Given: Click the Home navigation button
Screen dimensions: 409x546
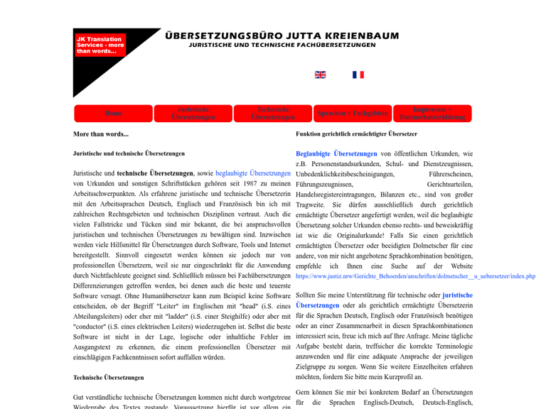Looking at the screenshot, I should pyautogui.click(x=113, y=114).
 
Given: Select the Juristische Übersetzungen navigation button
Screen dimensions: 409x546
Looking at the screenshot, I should pyautogui.click(x=193, y=114).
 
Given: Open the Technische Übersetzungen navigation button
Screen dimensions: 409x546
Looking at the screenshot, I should pyautogui.click(x=273, y=114).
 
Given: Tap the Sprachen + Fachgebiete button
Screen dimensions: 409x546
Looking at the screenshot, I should pyautogui.click(x=353, y=114).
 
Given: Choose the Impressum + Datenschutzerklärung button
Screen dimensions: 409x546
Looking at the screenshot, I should pyautogui.click(x=432, y=114).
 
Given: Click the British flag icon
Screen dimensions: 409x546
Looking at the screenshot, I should pyautogui.click(x=321, y=75).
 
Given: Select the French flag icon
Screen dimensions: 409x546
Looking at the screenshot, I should pyautogui.click(x=358, y=75).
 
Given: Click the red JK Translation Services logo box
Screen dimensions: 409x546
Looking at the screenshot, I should pyautogui.click(x=100, y=45).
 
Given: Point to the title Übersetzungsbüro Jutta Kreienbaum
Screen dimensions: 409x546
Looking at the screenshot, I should pyautogui.click(x=282, y=36).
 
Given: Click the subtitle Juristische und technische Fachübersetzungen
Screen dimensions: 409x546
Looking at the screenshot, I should pyautogui.click(x=282, y=45).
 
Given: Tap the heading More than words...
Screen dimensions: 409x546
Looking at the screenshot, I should pyautogui.click(x=101, y=134).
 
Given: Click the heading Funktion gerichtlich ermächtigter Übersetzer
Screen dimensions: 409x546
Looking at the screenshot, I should pyautogui.click(x=356, y=133).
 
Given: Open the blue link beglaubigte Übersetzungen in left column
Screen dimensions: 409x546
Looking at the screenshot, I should pyautogui.click(x=253, y=173).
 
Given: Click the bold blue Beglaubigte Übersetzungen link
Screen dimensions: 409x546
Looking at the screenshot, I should pyautogui.click(x=336, y=153).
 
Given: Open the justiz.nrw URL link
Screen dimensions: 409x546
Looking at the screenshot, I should pyautogui.click(x=415, y=276).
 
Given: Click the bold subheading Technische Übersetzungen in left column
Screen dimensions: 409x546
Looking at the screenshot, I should pyautogui.click(x=108, y=378).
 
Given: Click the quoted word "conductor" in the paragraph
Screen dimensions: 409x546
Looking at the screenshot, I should pyautogui.click(x=89, y=327).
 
